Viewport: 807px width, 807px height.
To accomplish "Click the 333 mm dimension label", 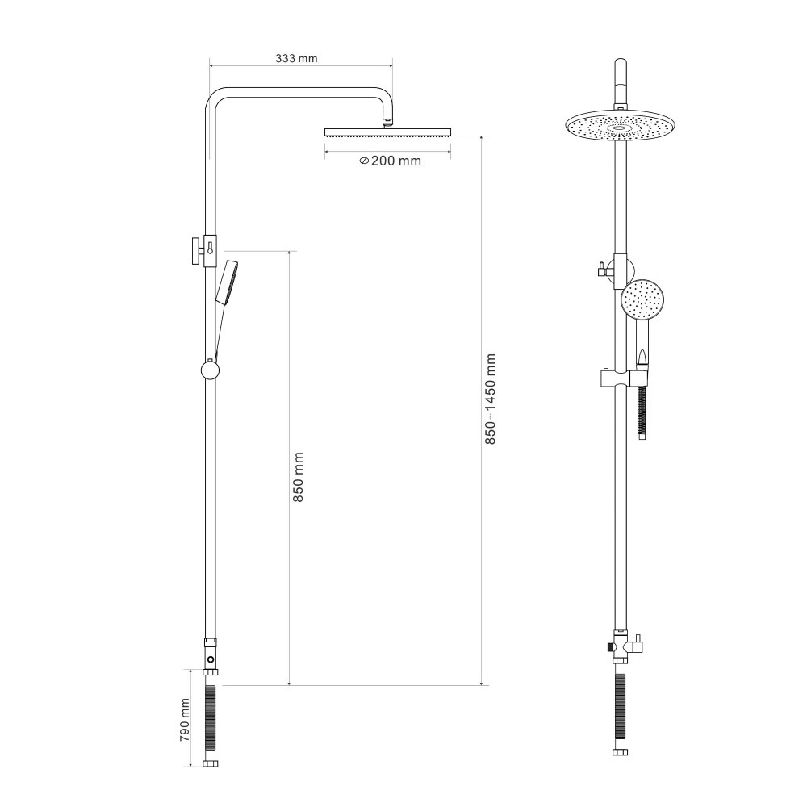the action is coord(296,58).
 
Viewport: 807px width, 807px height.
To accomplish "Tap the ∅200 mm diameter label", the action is coord(390,161).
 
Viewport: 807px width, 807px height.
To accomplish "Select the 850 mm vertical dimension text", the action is coord(298,477).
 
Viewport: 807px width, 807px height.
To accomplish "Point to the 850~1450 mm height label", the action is coord(491,399).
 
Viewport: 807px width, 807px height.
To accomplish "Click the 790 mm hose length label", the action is coord(185,720).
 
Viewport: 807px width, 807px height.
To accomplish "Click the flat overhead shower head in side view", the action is coord(387,132).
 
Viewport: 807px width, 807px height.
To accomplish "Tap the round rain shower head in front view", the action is coord(620,125).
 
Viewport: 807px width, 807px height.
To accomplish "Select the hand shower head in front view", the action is coord(642,299).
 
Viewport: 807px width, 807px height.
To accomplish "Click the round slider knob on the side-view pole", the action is coord(210,370).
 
